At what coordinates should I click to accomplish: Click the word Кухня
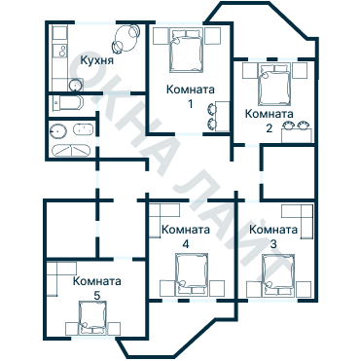pyautogui.click(x=98, y=59)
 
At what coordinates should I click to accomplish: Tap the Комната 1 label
pyautogui.click(x=190, y=96)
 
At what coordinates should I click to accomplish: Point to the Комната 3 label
pyautogui.click(x=273, y=235)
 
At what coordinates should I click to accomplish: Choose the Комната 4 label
pyautogui.click(x=186, y=236)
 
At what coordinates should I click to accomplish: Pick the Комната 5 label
pyautogui.click(x=97, y=286)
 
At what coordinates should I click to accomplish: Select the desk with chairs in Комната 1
pyautogui.click(x=213, y=116)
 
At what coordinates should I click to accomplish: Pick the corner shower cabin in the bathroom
pyautogui.click(x=70, y=152)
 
